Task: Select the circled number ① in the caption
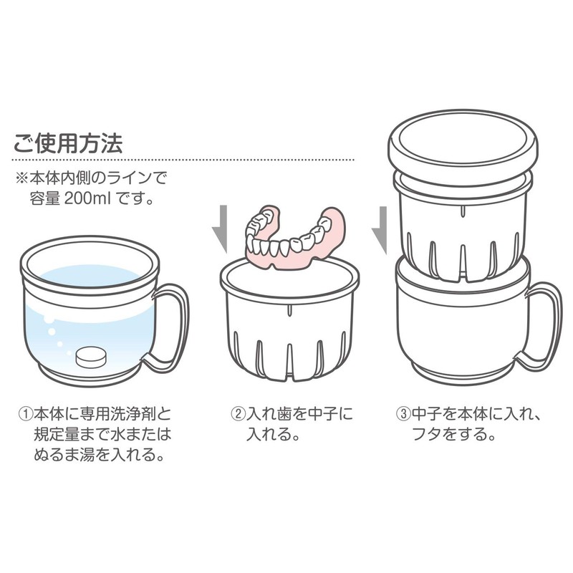[26, 415]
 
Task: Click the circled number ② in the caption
[236, 415]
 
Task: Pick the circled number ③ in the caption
[401, 415]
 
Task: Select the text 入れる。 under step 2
[272, 434]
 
